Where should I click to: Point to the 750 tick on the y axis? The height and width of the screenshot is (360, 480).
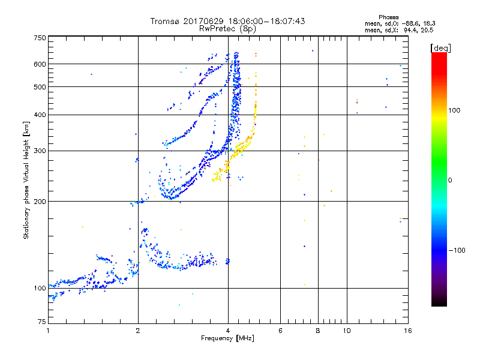[x=40, y=38]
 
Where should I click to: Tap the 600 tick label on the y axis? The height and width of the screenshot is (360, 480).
[x=40, y=64]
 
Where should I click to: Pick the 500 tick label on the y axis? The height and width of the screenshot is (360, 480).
[x=40, y=87]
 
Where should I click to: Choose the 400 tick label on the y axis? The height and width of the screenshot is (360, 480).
[x=40, y=115]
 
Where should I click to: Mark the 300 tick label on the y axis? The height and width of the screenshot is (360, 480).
[x=40, y=151]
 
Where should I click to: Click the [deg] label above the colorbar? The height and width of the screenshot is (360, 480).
[x=440, y=47]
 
